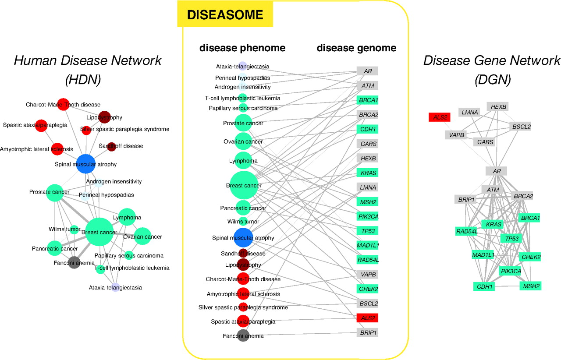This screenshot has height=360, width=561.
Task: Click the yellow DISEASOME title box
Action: [x=225, y=14]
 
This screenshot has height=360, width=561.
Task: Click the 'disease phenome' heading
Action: [x=242, y=48]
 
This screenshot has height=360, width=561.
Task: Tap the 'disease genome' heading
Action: [x=356, y=48]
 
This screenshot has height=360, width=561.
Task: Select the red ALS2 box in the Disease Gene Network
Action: [x=440, y=117]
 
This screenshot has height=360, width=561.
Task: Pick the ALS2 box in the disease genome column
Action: [x=367, y=318]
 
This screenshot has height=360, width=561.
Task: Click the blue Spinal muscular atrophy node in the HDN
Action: [x=85, y=164]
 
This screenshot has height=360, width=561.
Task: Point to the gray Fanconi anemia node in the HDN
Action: [x=74, y=262]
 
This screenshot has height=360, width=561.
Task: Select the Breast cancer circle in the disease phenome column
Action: [x=244, y=185]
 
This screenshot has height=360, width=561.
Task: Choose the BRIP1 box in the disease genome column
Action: [x=367, y=332]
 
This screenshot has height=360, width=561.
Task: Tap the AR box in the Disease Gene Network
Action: [x=497, y=171]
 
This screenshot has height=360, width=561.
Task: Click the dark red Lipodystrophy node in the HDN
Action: [x=104, y=117]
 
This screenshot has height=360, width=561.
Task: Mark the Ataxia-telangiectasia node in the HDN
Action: [x=115, y=287]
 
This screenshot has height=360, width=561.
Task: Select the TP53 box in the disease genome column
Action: [x=367, y=231]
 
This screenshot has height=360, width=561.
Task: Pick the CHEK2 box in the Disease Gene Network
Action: [x=531, y=257]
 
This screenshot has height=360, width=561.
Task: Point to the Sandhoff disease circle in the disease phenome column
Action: [x=243, y=253]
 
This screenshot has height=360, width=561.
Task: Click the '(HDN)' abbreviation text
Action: [x=83, y=80]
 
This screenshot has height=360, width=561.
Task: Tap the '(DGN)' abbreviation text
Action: [x=493, y=80]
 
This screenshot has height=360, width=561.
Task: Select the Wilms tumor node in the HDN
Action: [x=74, y=229]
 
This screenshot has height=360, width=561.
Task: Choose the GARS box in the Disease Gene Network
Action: [x=485, y=142]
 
